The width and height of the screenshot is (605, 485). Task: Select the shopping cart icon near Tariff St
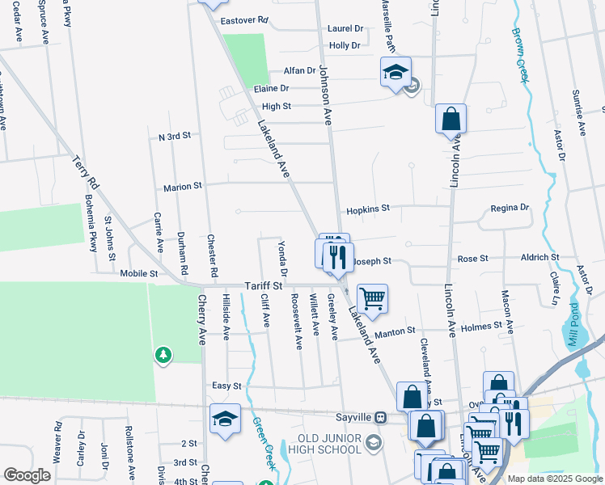coord(372,298)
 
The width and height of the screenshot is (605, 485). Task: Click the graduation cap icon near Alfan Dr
coord(396,72)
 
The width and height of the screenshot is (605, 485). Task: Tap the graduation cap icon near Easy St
coord(225,419)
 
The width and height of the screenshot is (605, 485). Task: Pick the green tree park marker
coord(163,355)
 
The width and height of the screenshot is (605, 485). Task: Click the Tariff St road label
coord(264,286)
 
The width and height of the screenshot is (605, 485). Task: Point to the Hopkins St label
coord(368,209)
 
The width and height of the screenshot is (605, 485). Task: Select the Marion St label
coord(182,187)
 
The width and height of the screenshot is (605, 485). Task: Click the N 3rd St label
coord(174,137)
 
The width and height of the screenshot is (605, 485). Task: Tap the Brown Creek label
coord(518,55)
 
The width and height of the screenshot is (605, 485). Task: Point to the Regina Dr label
coord(510,208)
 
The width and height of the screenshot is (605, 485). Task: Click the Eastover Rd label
coord(243,19)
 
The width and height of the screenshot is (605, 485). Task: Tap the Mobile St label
coord(138,274)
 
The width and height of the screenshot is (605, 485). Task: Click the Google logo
coord(27,475)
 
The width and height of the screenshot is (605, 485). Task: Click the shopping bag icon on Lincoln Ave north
coord(451,119)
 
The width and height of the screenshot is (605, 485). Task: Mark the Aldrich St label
coord(539,257)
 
